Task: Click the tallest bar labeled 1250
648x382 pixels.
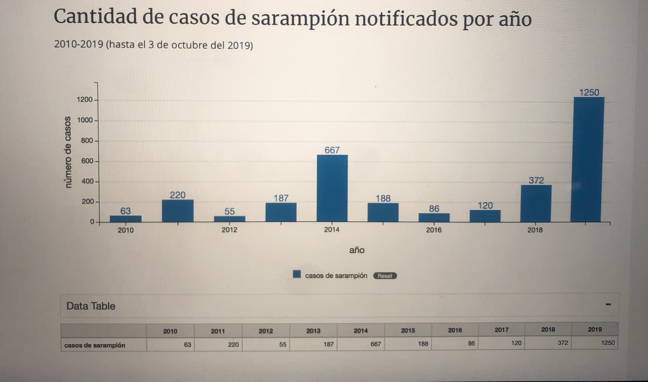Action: tap(588, 160)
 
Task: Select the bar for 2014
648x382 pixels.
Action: tap(332, 188)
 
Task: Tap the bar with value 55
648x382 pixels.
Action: tap(229, 219)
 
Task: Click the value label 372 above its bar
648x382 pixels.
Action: tap(536, 180)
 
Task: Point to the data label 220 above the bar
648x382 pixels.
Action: tap(177, 195)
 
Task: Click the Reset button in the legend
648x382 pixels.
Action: tap(385, 276)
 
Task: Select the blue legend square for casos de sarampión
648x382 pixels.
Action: tap(297, 275)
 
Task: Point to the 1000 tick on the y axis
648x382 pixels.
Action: tap(85, 120)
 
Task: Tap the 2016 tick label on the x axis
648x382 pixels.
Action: tap(433, 230)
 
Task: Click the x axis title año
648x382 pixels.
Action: tap(356, 250)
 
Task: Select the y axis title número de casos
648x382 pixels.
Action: tap(68, 152)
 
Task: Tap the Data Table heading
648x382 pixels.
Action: tap(91, 306)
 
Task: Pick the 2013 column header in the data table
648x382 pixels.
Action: tap(313, 331)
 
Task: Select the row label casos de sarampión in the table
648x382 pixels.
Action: tap(95, 346)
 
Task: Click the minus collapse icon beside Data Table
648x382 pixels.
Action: tap(608, 304)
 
